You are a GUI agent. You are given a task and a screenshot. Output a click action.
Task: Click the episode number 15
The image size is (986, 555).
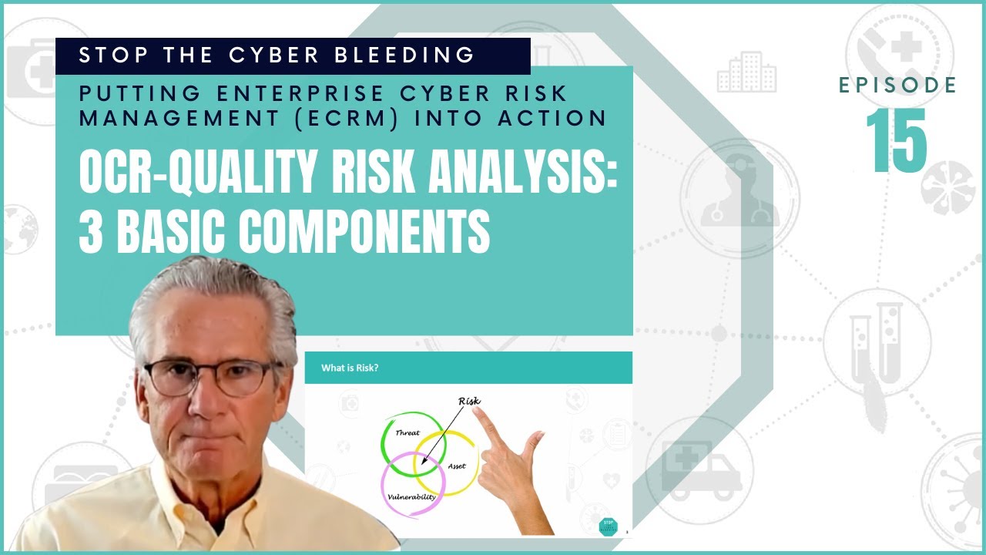click(x=896, y=140)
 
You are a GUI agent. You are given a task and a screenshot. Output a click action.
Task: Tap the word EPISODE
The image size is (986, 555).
click(x=897, y=86)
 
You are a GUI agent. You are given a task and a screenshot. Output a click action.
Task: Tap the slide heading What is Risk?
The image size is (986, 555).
click(x=350, y=368)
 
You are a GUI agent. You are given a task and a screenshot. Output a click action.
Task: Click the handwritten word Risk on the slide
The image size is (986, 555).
click(x=469, y=401)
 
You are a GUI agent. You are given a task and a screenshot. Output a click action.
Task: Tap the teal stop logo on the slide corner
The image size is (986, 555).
click(x=608, y=526)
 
